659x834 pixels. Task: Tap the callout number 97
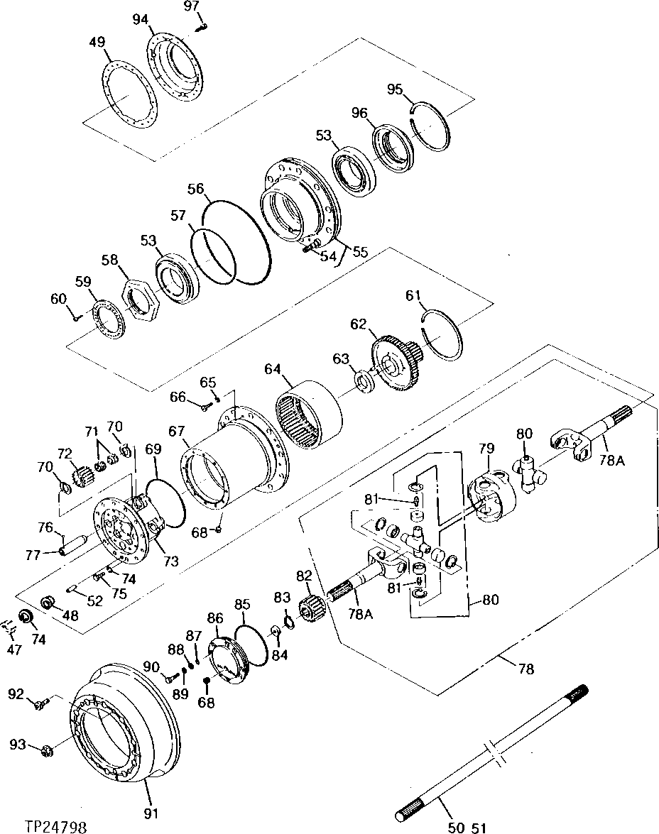(x=192, y=6)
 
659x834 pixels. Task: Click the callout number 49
(x=98, y=43)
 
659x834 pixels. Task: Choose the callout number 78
(x=526, y=669)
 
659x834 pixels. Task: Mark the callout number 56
(x=197, y=189)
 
